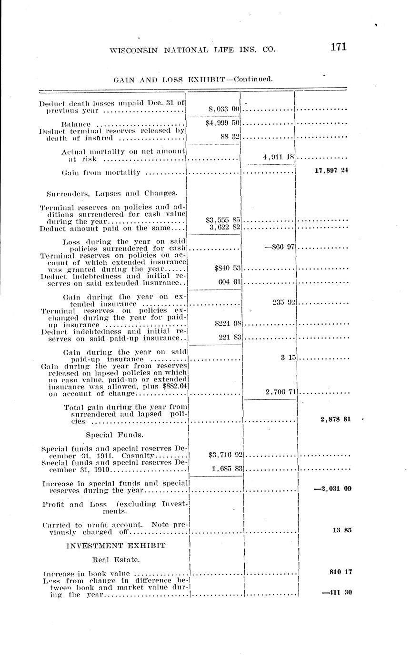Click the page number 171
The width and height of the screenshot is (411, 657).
click(x=337, y=47)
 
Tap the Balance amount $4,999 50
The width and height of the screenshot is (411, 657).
click(x=222, y=123)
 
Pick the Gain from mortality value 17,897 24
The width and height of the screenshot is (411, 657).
click(x=331, y=170)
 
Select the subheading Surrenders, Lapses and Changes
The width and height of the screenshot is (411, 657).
click(x=112, y=193)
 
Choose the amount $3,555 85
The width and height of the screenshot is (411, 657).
click(x=223, y=220)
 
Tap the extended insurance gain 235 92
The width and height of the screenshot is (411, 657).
click(x=284, y=302)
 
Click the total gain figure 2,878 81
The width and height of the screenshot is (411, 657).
click(x=336, y=419)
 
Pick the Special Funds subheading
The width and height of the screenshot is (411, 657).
click(x=114, y=435)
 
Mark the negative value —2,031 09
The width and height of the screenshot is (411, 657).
click(x=333, y=488)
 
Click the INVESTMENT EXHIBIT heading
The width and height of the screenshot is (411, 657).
click(x=116, y=546)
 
